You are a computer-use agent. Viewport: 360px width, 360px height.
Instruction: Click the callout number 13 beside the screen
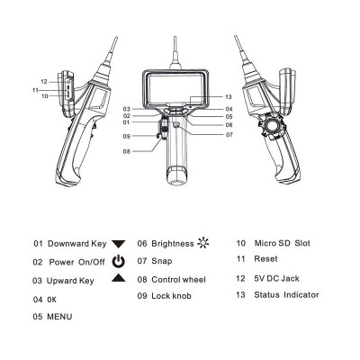[229, 97]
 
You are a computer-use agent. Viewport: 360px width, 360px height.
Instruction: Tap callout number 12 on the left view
[44, 82]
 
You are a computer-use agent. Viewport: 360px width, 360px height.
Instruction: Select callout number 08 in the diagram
[127, 151]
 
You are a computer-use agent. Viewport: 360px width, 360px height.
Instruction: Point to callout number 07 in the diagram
[229, 135]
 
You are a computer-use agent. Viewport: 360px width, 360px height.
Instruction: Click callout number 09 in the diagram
[127, 136]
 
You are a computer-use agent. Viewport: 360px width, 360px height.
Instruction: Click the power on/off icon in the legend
[118, 261]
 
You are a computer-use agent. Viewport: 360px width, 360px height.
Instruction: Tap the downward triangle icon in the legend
[118, 244]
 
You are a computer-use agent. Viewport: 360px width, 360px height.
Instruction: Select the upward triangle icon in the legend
[119, 278]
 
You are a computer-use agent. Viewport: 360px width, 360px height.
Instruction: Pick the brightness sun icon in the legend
[203, 243]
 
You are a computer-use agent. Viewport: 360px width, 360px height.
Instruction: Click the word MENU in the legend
[59, 317]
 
